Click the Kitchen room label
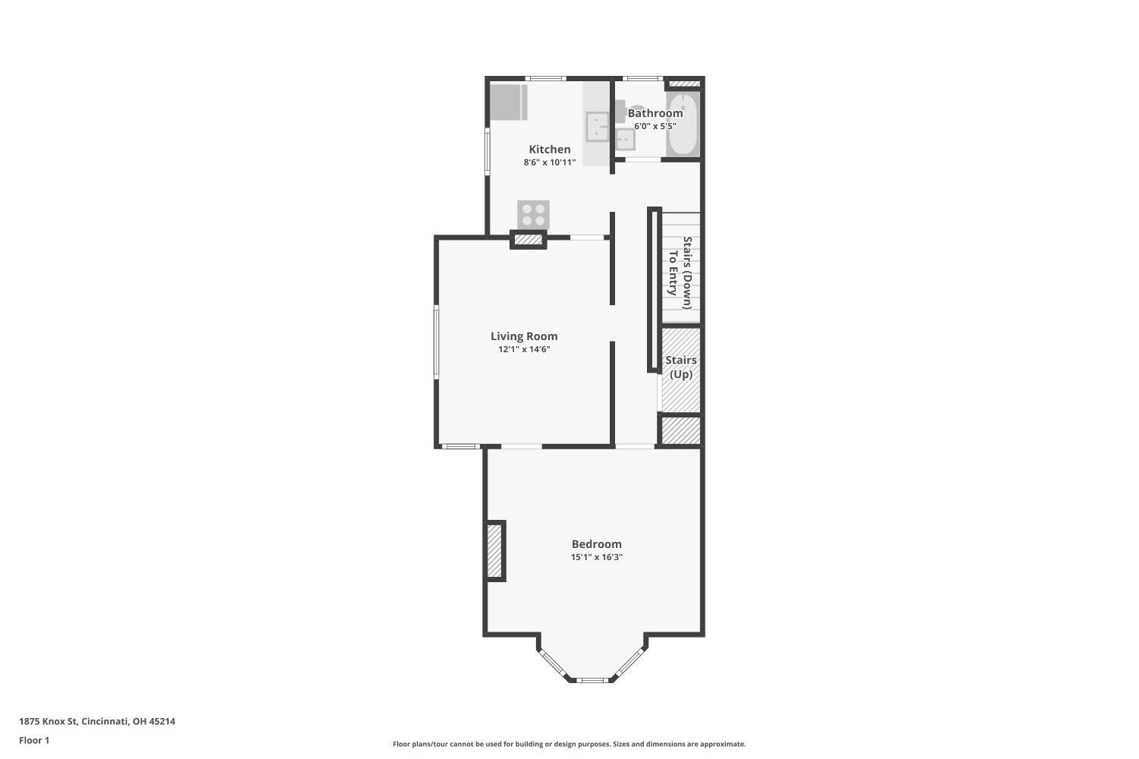550,150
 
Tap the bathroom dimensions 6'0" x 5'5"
655,126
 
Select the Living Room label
524,336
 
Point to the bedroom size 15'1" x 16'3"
596,556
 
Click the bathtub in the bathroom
683,124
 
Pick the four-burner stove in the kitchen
533,215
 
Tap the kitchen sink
597,127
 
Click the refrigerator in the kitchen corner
509,102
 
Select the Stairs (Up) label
681,367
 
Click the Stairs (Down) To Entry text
680,273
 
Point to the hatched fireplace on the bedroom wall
494,551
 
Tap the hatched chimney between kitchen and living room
528,239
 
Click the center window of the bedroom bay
592,680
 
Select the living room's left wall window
437,342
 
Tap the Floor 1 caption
34,740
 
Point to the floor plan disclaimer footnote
569,744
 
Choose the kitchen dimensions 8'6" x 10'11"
550,162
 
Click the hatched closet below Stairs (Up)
681,430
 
